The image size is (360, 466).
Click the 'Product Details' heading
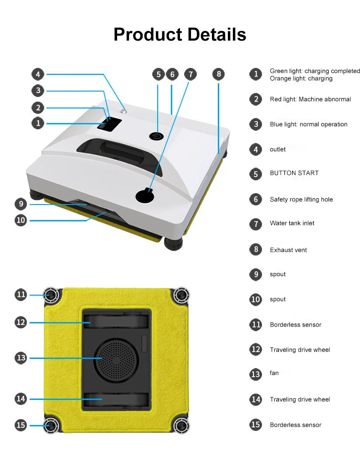(x=180, y=34)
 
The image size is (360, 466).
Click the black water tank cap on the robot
(x=145, y=196)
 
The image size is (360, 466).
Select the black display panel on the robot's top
(x=109, y=124)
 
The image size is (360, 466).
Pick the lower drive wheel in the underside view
(x=116, y=399)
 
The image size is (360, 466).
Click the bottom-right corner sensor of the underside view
(x=181, y=425)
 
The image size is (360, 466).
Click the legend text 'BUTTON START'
(x=294, y=173)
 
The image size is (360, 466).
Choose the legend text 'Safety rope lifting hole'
(x=301, y=200)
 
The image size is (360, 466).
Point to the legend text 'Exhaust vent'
(x=288, y=250)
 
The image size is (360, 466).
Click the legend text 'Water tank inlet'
(x=292, y=223)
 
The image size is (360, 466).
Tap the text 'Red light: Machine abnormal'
(x=310, y=99)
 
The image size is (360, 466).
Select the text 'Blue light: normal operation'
(x=309, y=124)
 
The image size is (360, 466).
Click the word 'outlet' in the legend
(x=278, y=149)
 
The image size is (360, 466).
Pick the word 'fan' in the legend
(x=274, y=373)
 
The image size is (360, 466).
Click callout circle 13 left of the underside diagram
(x=21, y=358)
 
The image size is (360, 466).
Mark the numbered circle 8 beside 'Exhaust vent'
(x=256, y=250)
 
